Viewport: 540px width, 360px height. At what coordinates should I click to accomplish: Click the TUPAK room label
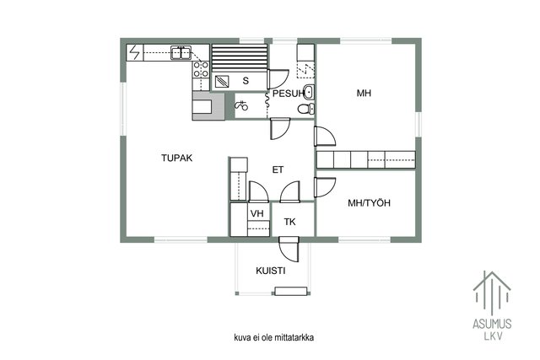176,158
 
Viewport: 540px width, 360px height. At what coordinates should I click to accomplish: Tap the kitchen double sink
181,53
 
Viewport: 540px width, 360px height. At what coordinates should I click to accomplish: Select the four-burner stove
201,69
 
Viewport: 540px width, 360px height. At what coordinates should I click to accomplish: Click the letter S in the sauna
246,81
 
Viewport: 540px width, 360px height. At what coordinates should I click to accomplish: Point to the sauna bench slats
240,58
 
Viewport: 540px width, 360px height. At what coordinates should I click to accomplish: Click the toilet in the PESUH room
305,109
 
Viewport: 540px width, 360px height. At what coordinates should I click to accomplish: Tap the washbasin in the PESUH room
308,92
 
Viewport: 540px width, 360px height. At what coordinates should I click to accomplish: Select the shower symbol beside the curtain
241,105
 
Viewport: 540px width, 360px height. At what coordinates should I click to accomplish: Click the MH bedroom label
364,94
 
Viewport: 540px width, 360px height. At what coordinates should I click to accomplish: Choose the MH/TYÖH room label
370,203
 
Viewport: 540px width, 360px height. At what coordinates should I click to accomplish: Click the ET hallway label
278,169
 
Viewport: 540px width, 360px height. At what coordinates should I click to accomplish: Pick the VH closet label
256,214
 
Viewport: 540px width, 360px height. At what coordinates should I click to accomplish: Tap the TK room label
290,222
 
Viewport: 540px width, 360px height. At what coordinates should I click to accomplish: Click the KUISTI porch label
271,271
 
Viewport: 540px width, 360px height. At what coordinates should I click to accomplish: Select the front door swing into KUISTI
289,249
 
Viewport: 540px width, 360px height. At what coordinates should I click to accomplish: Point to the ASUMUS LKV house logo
492,305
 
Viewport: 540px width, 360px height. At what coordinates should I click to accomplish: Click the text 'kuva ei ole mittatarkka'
273,337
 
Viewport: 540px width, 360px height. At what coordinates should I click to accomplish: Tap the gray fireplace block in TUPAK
208,106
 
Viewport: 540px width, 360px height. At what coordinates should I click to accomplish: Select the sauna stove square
222,82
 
